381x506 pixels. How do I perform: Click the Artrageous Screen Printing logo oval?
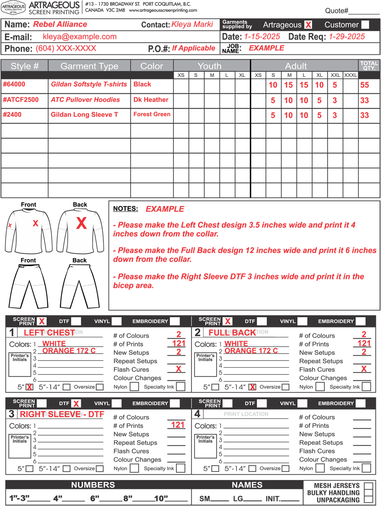coord(13,7)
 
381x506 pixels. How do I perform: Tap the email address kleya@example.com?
coord(80,37)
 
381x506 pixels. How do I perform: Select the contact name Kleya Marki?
coord(192,24)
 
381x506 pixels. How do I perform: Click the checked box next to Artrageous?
coord(308,25)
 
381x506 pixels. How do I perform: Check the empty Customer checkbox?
coord(365,25)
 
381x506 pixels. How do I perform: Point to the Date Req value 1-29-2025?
coord(347,37)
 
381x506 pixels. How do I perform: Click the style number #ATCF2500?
coord(21,100)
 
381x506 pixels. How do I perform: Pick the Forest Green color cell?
coord(152,114)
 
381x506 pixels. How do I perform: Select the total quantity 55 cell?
coord(365,85)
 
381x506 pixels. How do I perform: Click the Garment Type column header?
coord(89,66)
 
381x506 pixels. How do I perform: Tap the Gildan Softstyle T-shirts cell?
coord(89,84)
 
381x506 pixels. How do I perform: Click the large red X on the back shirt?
coord(81,223)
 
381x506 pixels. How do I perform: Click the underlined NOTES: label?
coord(125,209)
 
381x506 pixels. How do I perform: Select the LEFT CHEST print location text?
coord(49,333)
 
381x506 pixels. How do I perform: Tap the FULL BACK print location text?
coord(232,333)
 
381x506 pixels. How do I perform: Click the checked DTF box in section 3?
coord(76,404)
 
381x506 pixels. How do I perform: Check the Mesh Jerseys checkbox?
coord(368,486)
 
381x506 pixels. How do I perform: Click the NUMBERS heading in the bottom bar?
coord(93,485)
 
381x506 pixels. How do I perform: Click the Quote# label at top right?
coord(336,11)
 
